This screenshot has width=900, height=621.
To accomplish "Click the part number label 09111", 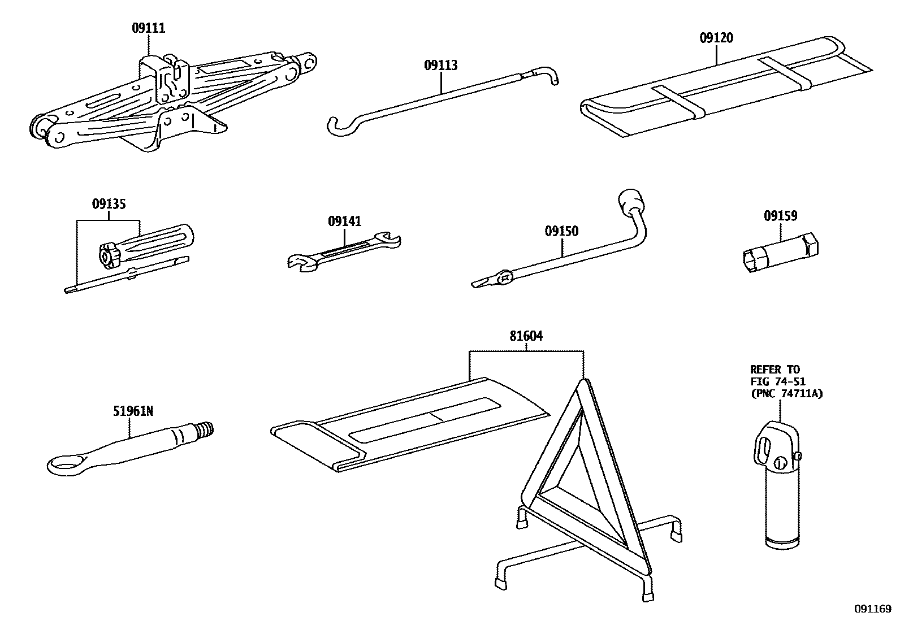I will (149, 28).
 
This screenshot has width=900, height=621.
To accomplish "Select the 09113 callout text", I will (440, 65).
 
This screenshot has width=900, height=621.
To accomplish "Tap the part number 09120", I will (716, 38).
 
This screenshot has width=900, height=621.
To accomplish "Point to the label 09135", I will (109, 204).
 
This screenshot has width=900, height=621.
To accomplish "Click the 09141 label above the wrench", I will (344, 221).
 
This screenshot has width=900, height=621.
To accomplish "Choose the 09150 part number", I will (561, 231).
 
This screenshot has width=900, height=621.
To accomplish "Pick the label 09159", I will (780, 215).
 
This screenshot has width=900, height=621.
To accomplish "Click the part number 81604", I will (526, 336).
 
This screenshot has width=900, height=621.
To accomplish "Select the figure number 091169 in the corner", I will (873, 610).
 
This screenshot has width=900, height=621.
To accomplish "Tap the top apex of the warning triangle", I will (584, 384).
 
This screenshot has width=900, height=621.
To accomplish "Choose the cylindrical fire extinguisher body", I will (782, 509).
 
